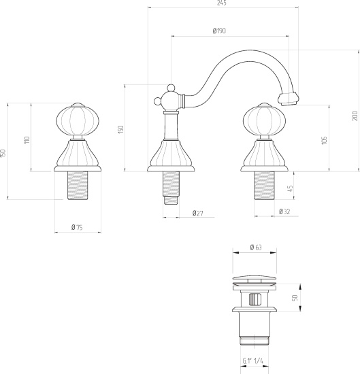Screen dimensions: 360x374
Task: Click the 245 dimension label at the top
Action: (x=222, y=3)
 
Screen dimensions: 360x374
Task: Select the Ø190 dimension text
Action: (x=219, y=31)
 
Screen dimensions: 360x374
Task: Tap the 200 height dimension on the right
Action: (x=355, y=117)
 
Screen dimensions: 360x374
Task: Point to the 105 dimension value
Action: (x=324, y=141)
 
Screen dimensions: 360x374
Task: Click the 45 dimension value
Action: (x=290, y=188)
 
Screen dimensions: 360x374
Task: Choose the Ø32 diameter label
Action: (x=284, y=211)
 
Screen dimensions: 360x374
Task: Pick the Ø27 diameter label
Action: (x=198, y=213)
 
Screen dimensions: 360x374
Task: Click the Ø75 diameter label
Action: (x=77, y=227)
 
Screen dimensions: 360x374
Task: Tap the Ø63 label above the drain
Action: (x=256, y=248)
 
